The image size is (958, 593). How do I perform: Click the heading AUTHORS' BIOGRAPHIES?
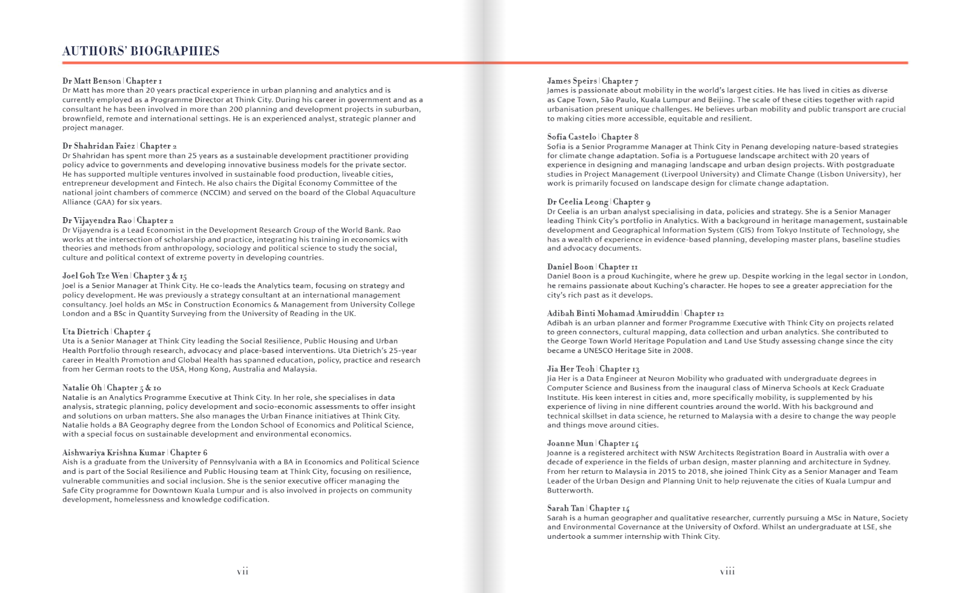click(141, 51)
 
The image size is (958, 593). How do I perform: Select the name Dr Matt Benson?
click(91, 81)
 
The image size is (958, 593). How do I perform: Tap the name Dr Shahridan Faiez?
click(99, 146)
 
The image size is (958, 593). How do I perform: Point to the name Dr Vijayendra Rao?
click(97, 220)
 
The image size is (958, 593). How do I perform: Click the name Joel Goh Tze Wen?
click(95, 275)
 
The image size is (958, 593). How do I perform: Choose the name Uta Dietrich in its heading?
click(85, 331)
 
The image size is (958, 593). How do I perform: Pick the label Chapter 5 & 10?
click(134, 387)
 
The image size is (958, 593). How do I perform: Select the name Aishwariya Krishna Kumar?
click(114, 452)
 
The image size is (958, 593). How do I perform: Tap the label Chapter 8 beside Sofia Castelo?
click(620, 137)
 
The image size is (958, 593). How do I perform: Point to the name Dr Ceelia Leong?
click(577, 201)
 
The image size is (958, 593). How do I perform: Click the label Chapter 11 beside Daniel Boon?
click(618, 266)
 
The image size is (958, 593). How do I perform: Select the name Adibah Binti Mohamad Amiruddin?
click(613, 313)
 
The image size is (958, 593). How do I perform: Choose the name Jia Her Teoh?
click(571, 369)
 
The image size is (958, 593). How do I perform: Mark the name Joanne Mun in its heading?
click(570, 443)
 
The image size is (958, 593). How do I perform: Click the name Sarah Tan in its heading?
click(565, 508)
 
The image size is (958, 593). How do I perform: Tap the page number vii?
click(242, 571)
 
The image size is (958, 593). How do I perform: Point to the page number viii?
click(727, 571)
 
